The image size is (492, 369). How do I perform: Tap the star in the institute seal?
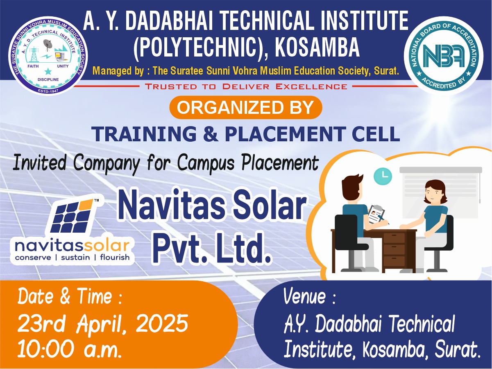(x=48, y=72)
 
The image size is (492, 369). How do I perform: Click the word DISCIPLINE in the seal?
(x=48, y=79)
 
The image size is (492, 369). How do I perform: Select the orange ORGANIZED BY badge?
(x=246, y=107)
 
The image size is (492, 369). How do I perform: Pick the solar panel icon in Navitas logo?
(x=72, y=216)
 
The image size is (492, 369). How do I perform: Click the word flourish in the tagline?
(x=115, y=257)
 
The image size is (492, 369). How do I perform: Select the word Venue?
(x=304, y=297)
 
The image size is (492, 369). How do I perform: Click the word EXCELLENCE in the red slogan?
(x=312, y=86)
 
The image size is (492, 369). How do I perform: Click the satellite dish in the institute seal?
(x=48, y=45)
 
